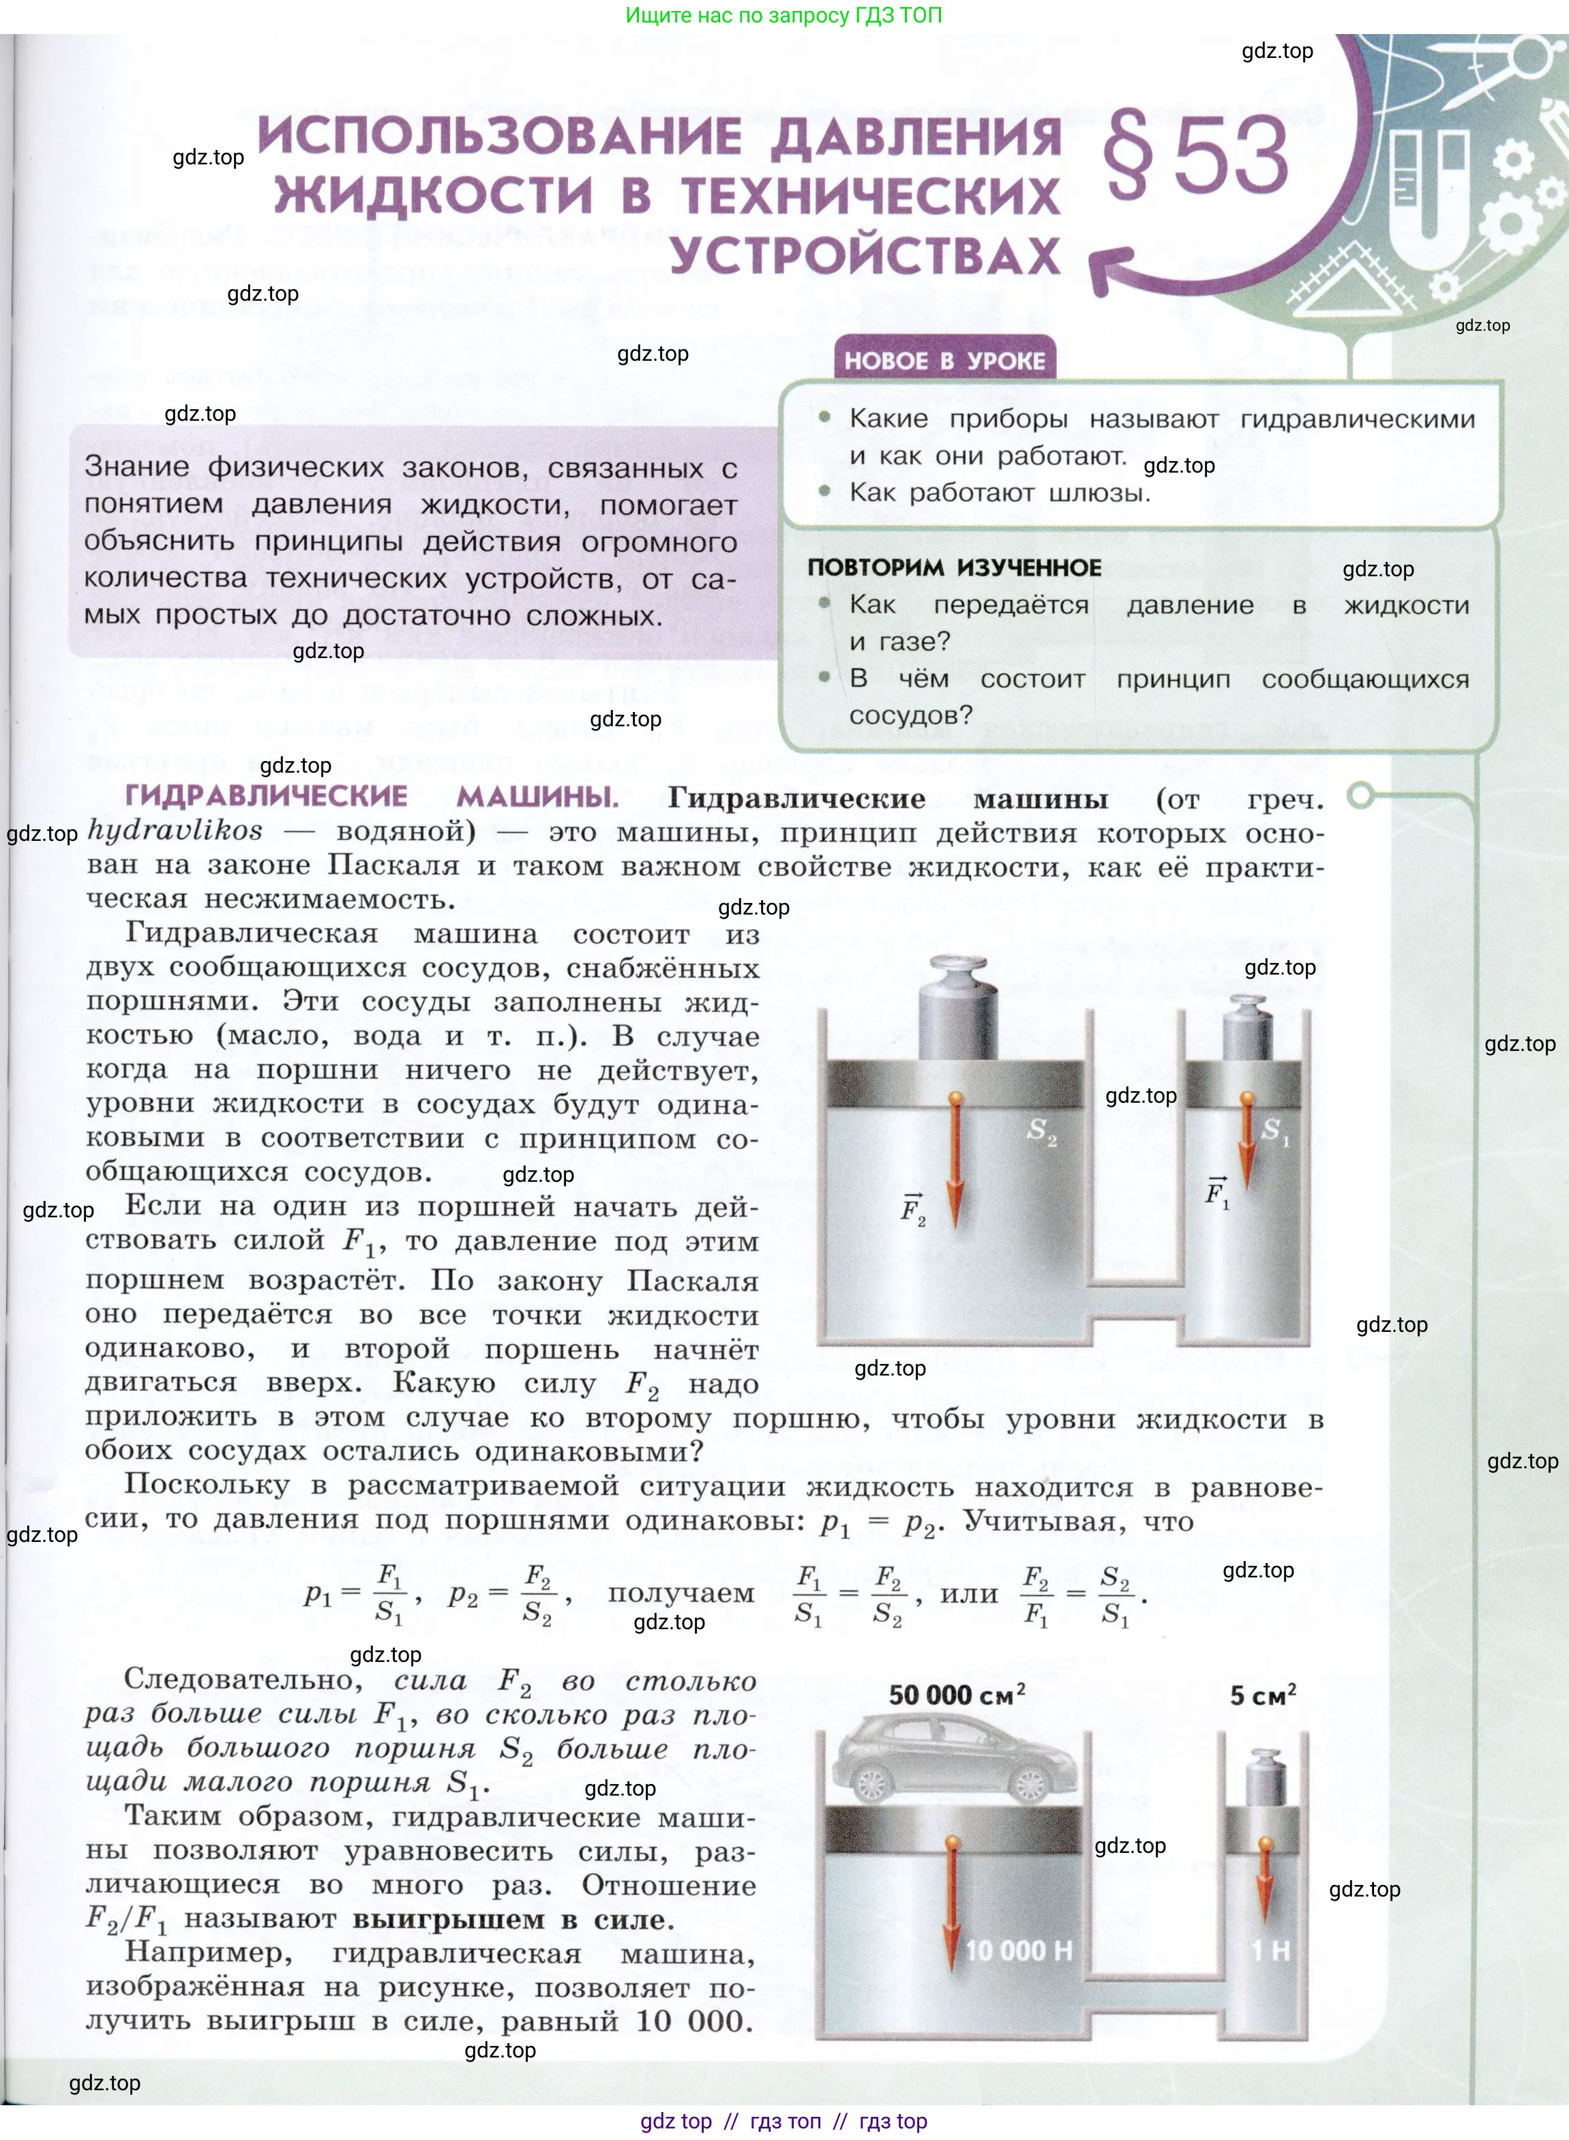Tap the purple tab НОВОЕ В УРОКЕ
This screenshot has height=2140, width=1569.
944,361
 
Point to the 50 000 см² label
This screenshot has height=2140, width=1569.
957,1695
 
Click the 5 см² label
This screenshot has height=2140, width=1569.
1262,1695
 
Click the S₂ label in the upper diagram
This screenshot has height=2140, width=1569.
1041,1131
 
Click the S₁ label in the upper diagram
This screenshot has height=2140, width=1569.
1274,1131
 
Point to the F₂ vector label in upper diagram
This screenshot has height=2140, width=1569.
913,1209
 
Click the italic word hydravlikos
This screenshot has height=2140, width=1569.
175,831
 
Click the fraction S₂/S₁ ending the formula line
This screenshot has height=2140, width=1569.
1115,1595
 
